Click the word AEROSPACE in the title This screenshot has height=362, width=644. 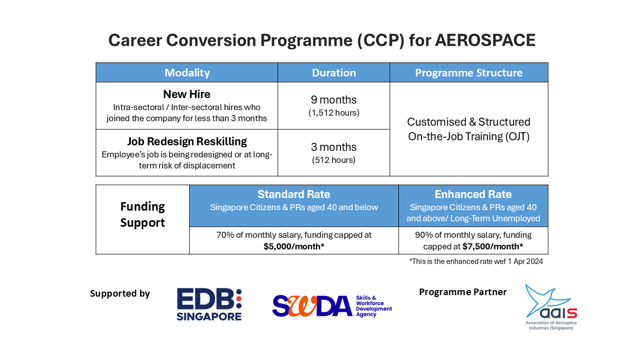(x=485, y=40)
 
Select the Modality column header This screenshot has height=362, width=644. (x=187, y=73)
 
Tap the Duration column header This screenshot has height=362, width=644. (x=334, y=73)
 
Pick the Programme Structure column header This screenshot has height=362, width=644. (x=468, y=73)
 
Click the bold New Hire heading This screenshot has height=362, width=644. (x=187, y=94)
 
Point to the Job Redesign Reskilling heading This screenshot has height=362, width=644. (x=187, y=141)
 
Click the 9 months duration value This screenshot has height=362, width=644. (x=334, y=100)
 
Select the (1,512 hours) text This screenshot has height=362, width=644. (x=334, y=113)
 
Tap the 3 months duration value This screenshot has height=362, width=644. (x=334, y=147)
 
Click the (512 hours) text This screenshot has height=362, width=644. (x=334, y=160)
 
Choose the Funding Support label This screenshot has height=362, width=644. (x=142, y=214)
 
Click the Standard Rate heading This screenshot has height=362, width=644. (x=293, y=194)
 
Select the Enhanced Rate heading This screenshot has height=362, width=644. (x=473, y=194)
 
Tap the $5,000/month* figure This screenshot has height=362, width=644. (x=294, y=246)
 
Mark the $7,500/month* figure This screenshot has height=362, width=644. (x=493, y=246)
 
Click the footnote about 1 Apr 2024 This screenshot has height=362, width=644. (x=476, y=261)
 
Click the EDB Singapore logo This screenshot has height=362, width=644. (x=209, y=305)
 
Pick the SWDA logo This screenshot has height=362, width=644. (x=332, y=306)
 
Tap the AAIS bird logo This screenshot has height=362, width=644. (x=551, y=307)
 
